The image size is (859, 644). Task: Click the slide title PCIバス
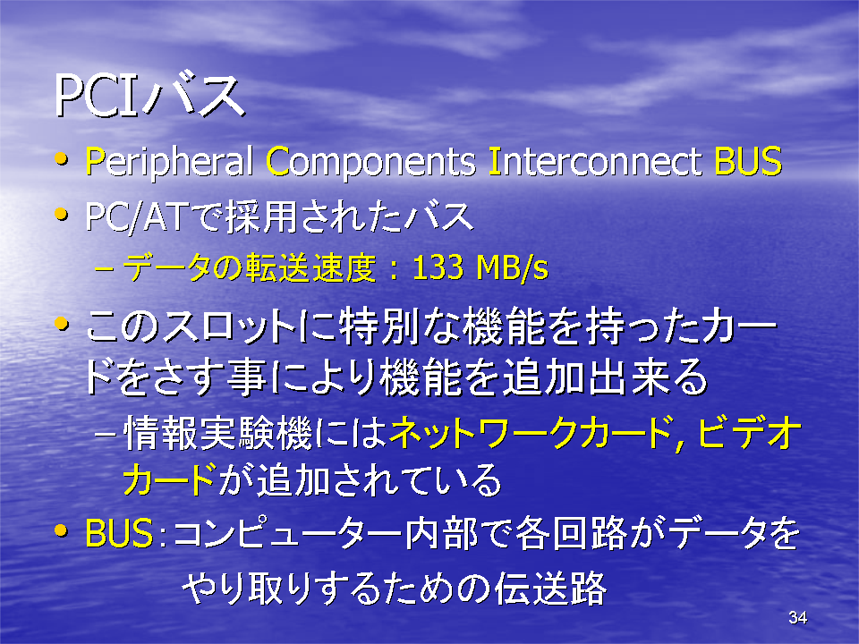[149, 97]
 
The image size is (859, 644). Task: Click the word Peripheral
[169, 163]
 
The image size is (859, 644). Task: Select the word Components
[370, 163]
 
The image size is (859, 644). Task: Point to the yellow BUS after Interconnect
[748, 162]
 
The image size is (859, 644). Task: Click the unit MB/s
[512, 268]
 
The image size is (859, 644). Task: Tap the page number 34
[797, 618]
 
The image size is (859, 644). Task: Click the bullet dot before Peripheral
[62, 160]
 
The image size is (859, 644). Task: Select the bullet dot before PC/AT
[62, 215]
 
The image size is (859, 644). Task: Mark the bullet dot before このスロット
[62, 324]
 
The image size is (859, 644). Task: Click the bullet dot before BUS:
[62, 530]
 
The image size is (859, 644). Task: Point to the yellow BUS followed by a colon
[119, 533]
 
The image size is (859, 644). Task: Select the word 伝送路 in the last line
[550, 589]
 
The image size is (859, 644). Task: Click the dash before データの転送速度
[104, 269]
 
